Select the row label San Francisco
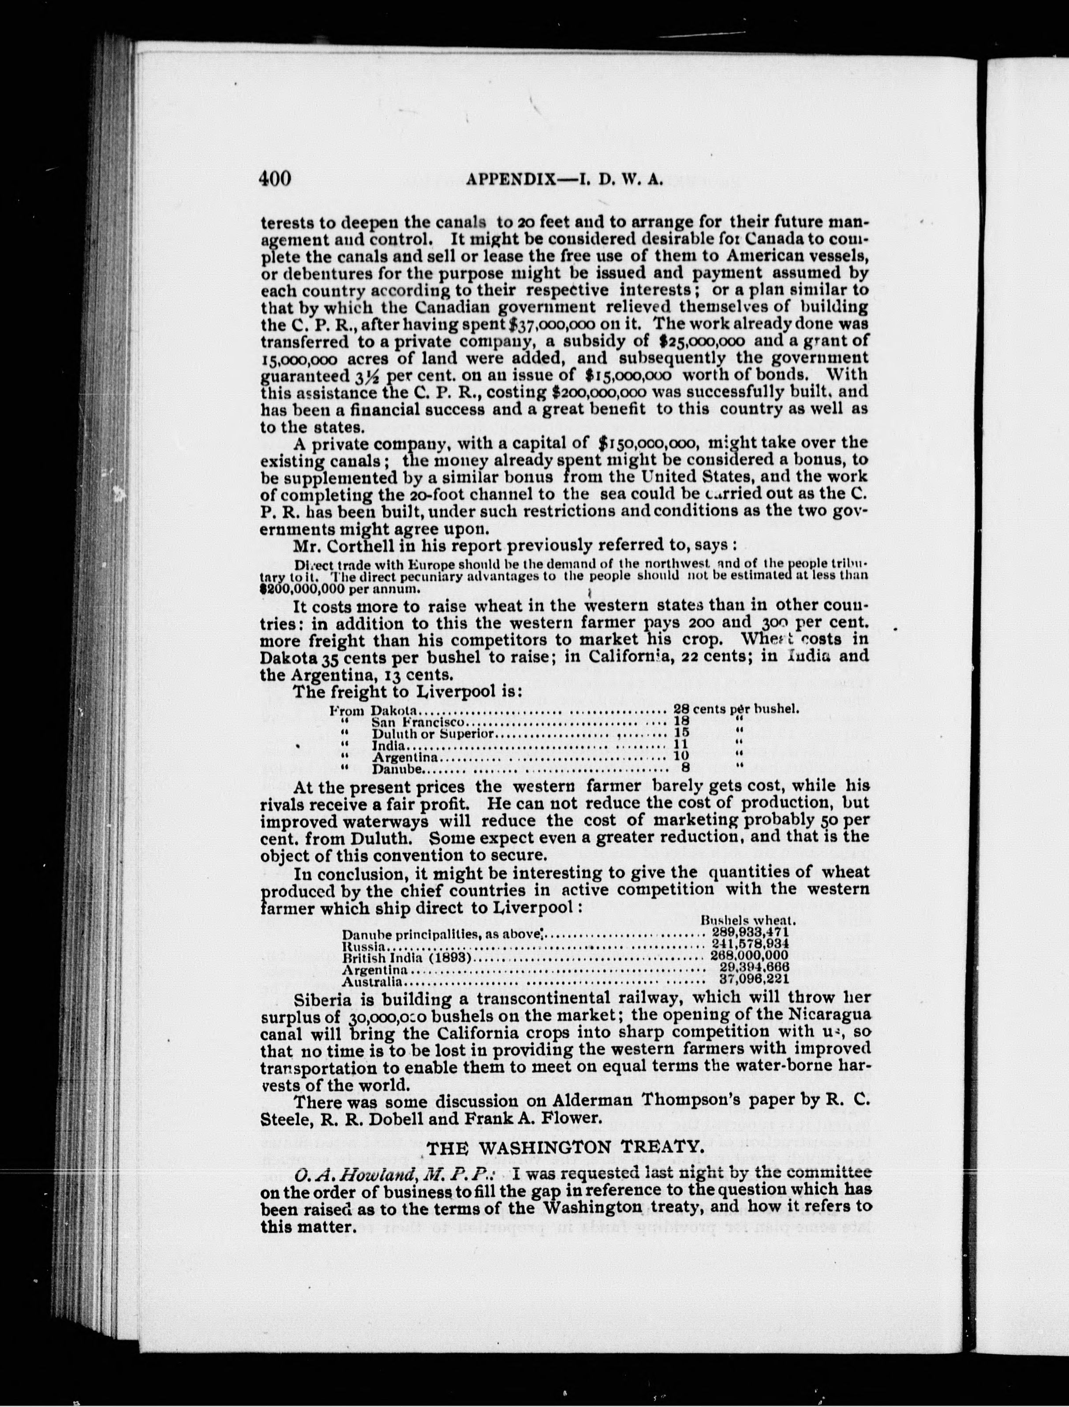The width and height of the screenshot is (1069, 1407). pos(420,722)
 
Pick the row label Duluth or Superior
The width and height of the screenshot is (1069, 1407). pos(433,733)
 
